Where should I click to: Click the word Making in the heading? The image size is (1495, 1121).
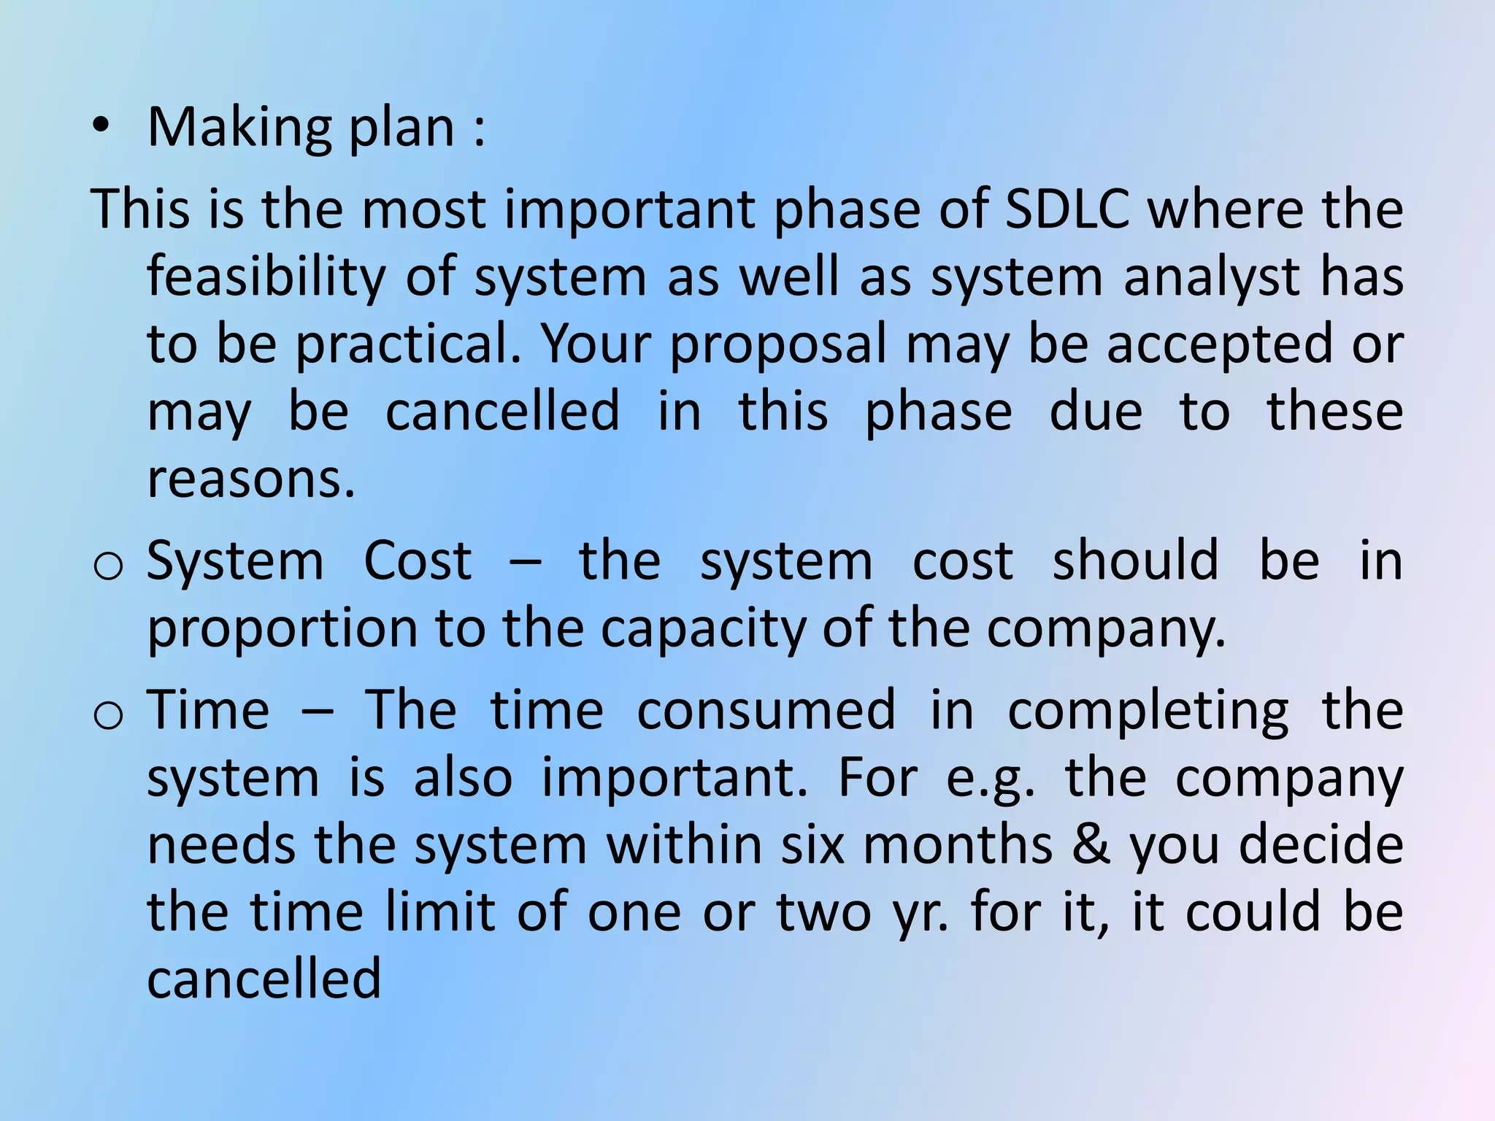238,128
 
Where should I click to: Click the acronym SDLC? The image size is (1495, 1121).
1067,209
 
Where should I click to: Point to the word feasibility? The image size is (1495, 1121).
266,277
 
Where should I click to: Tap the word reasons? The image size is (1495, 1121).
251,479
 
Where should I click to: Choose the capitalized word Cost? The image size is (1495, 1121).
418,560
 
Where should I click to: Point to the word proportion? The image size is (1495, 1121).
283,629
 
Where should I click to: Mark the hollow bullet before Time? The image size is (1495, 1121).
108,714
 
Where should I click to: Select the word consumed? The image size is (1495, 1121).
766,709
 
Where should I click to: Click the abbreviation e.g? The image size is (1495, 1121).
990,779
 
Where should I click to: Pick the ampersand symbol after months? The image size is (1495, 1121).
1091,844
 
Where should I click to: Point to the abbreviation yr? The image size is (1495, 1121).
921,914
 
